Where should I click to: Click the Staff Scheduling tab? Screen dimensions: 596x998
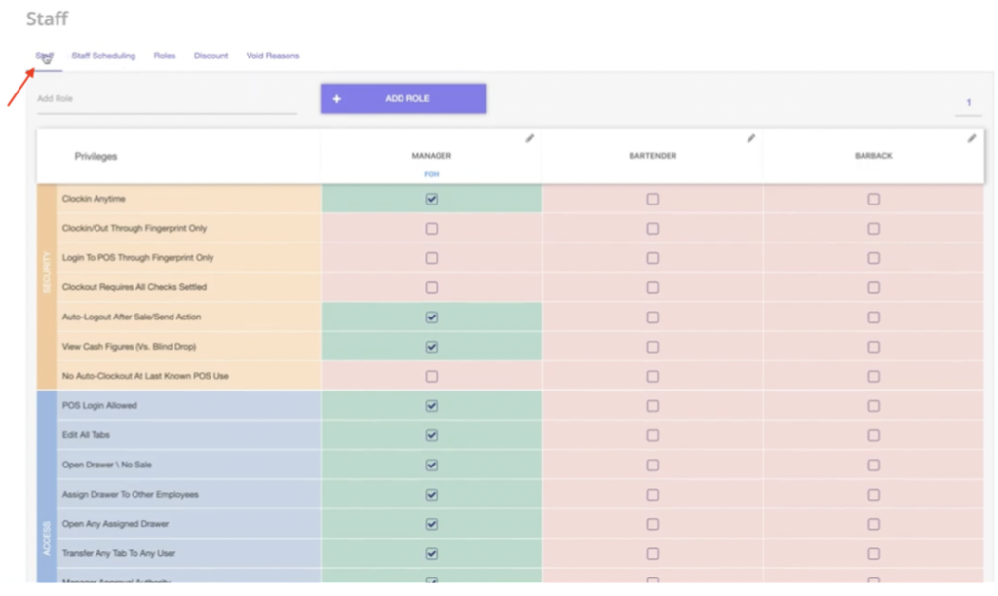103,56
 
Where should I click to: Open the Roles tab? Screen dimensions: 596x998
165,56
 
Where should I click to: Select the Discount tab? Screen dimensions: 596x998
211,56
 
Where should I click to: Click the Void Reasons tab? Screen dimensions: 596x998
273,56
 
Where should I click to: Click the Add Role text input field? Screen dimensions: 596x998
167,99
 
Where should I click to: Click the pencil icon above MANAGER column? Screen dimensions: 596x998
530,138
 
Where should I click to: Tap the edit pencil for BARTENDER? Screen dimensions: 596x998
751,138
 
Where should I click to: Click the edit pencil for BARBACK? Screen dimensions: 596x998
972,138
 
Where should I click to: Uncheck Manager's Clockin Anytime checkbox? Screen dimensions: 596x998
432,199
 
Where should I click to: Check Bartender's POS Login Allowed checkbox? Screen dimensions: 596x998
653,406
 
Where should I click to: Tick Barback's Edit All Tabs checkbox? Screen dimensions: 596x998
874,435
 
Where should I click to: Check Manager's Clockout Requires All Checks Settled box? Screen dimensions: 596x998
432,287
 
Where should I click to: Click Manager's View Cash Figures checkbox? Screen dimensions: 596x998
432,347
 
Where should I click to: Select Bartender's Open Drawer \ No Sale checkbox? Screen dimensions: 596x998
653,466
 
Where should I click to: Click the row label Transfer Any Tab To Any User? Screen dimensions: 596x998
119,553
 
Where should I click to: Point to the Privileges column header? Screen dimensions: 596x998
96,156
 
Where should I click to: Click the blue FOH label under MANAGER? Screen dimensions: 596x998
431,174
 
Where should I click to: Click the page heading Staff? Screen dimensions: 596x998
48,19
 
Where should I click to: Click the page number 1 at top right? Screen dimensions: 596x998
969,103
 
